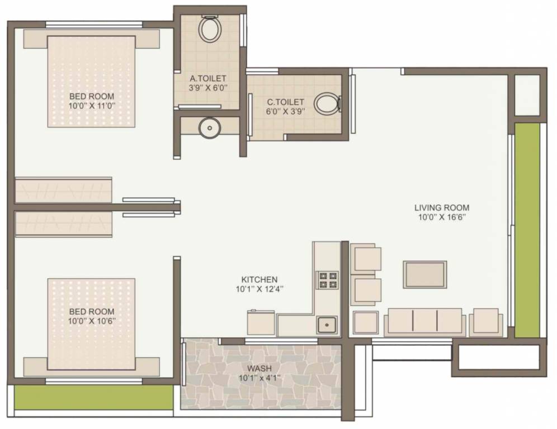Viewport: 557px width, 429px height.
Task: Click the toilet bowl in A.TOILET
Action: (x=210, y=30)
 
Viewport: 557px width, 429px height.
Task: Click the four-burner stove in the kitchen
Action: (x=328, y=279)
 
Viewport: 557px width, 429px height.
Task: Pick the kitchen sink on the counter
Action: (x=325, y=323)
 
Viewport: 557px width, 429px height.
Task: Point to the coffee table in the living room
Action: (x=425, y=274)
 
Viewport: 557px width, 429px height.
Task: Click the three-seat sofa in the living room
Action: (x=425, y=322)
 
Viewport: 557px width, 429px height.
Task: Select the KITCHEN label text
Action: (x=259, y=279)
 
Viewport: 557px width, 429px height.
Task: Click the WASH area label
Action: (x=259, y=368)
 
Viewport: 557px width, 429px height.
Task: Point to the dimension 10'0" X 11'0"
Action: (x=91, y=106)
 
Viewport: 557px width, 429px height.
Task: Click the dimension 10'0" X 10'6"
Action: (x=91, y=321)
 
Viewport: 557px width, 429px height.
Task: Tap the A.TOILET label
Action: (x=208, y=78)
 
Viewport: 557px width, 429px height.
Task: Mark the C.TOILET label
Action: (x=285, y=102)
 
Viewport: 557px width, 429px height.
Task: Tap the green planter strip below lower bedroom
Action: (x=93, y=397)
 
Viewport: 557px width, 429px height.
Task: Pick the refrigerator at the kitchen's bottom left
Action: (x=261, y=323)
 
